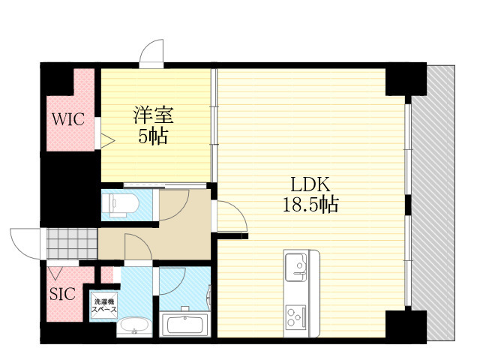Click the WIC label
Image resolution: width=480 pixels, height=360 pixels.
[68, 119]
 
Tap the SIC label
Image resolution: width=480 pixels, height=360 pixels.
[62, 293]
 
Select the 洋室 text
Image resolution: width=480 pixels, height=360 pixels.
[153, 115]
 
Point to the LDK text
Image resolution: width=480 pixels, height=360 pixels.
[310, 184]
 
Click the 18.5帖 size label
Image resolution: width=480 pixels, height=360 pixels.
[310, 205]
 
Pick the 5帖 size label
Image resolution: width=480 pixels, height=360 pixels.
[153, 136]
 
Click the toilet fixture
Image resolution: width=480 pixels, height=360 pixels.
[120, 205]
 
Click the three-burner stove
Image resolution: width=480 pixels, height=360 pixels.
[296, 316]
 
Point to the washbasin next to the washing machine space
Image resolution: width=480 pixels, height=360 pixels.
[134, 326]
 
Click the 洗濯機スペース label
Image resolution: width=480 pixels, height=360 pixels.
[104, 305]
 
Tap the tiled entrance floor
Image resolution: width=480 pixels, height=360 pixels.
[72, 244]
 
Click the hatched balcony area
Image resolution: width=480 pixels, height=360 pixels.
[433, 202]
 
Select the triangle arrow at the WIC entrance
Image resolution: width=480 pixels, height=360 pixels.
[108, 141]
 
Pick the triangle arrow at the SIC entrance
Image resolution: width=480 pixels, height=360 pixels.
[55, 273]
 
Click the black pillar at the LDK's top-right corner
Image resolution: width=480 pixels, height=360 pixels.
[406, 79]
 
